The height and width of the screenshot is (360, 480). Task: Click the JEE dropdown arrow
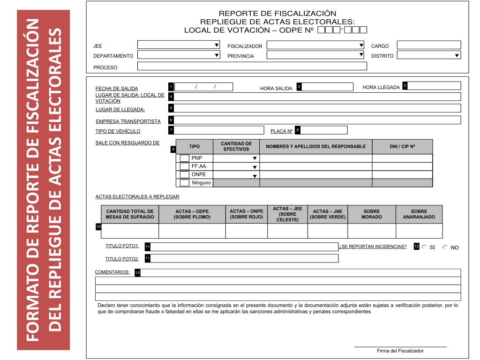point(217,45)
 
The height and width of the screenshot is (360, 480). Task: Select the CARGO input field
point(429,45)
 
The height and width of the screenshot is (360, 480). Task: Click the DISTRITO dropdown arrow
point(457,55)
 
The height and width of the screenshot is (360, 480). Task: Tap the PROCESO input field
point(252,66)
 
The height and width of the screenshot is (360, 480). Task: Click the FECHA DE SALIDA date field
point(204,87)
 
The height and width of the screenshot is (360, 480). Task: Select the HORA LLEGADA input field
point(435,86)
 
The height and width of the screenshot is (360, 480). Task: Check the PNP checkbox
point(185,158)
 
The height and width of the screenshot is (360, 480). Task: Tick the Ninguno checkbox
point(185,183)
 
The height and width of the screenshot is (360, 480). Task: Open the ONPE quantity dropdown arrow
point(255,176)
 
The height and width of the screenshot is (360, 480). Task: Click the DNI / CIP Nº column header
point(402,146)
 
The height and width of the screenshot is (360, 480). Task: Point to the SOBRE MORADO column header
point(371,214)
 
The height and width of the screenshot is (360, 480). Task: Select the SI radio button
point(424,247)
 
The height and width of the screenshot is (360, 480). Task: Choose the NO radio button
point(445,247)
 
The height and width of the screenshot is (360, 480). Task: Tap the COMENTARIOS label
point(112,272)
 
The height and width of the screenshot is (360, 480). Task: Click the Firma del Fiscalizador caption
point(400,351)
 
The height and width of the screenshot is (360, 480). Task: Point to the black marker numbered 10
point(98,227)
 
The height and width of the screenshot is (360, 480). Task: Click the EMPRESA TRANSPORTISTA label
point(128,121)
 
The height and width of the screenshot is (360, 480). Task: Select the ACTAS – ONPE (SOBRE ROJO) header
point(247,214)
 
